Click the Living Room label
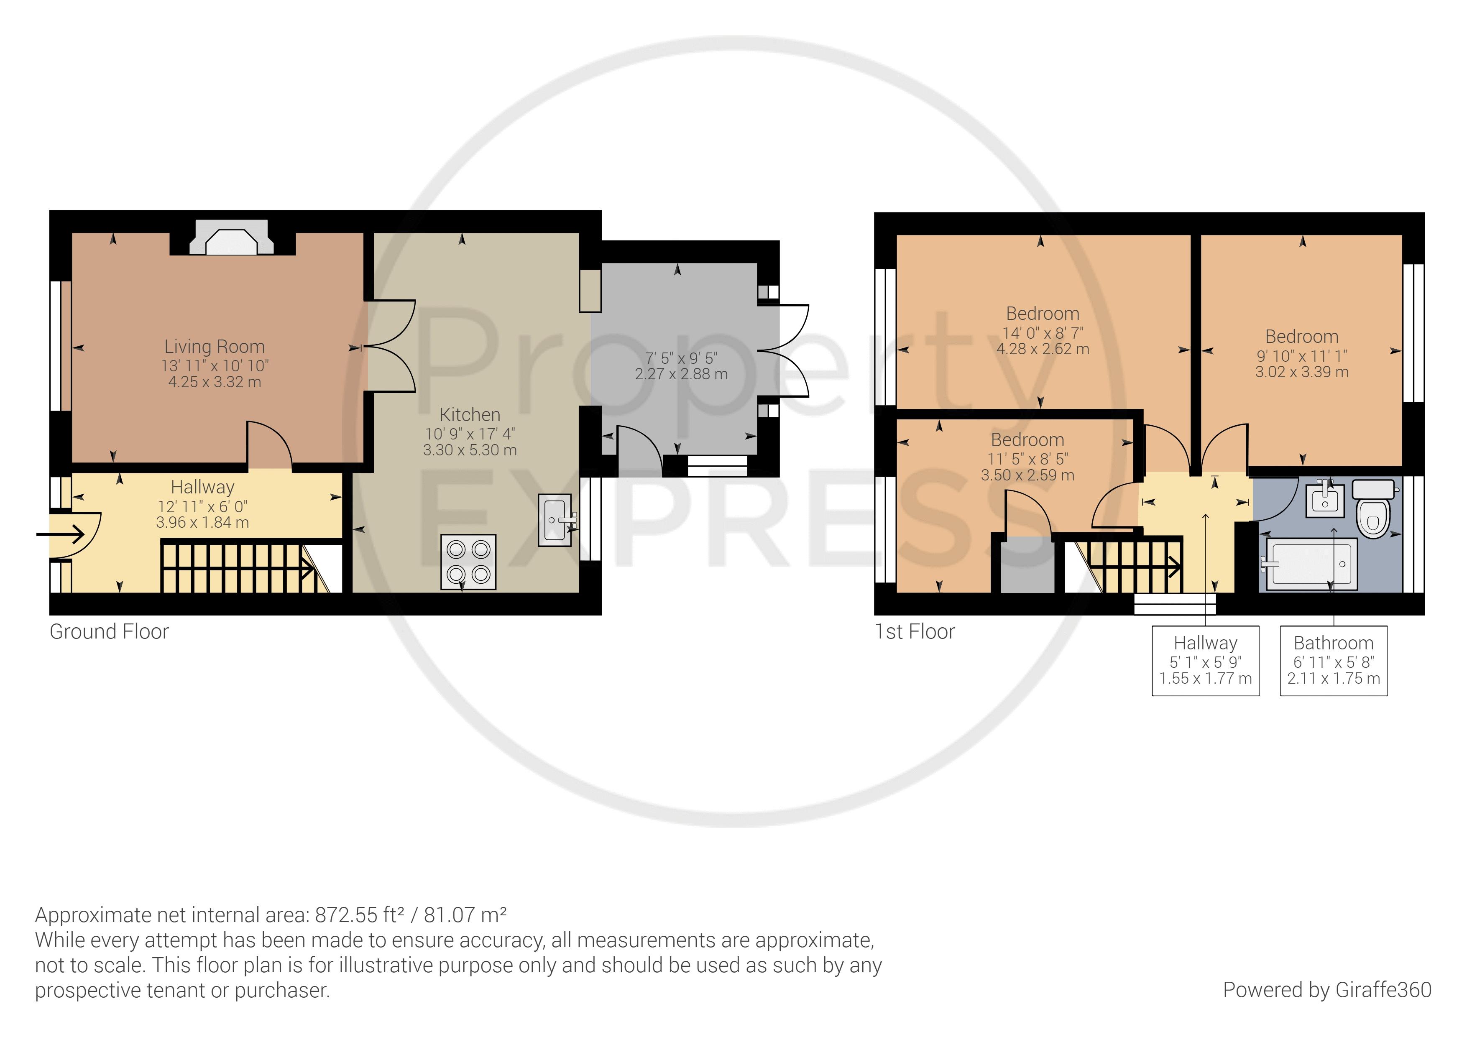pos(215,346)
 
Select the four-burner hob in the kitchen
pos(468,562)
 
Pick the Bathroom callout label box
pos(1334,661)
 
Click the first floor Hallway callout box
pos(1206,661)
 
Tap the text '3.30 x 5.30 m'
pos(470,450)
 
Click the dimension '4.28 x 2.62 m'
pos(1043,349)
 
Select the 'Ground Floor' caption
pos(109,631)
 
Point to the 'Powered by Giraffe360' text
pos(1327,990)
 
